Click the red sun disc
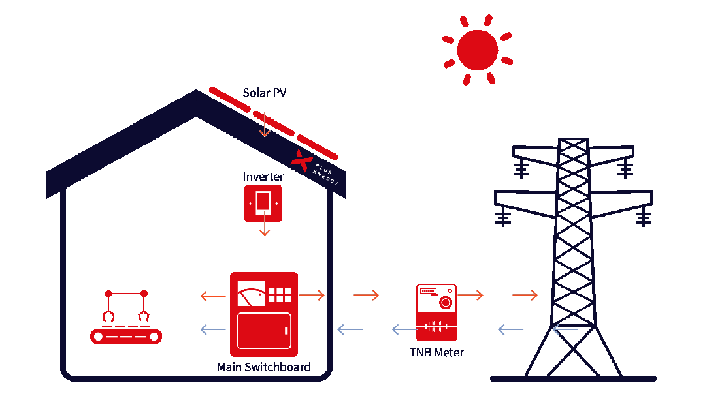click(477, 50)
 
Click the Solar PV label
click(265, 93)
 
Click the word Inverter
click(263, 177)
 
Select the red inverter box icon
click(263, 203)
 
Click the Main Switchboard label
click(263, 367)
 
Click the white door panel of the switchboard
click(264, 331)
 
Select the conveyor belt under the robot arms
click(125, 336)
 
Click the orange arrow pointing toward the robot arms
click(213, 296)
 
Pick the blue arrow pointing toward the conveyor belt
click(213, 330)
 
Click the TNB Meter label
click(436, 352)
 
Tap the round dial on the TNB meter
click(446, 302)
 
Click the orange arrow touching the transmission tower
click(525, 296)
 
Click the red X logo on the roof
click(301, 160)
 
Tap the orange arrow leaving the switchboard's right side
click(312, 296)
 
